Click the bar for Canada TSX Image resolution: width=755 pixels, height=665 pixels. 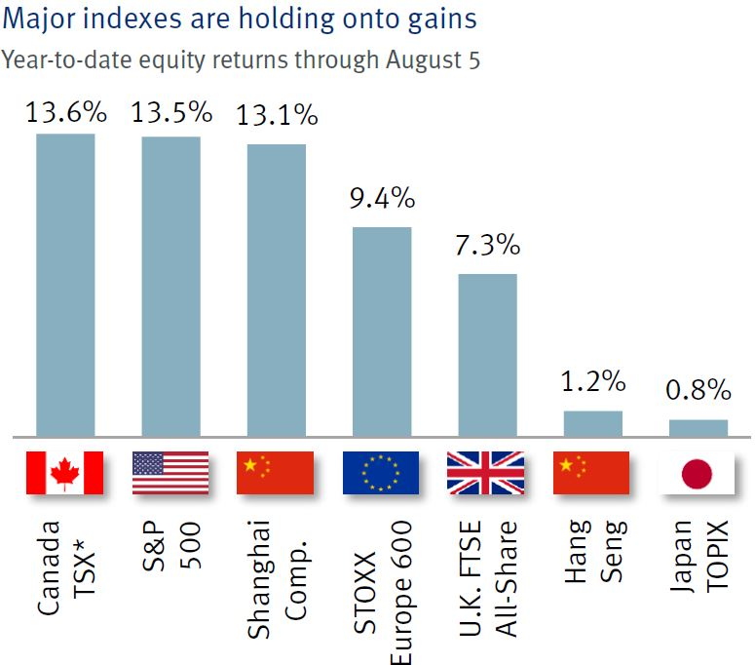65,284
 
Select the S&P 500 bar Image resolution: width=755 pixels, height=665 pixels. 171,286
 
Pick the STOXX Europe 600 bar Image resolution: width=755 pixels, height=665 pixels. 382,331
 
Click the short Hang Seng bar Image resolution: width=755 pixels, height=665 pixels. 593,423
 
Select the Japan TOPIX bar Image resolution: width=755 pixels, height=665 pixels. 698,427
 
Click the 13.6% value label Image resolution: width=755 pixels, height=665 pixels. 65,112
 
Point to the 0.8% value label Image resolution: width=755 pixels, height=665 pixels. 698,391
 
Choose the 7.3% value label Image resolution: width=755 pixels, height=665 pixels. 487,245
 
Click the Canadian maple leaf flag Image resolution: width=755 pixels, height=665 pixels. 65,473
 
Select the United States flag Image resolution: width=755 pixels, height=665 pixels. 171,473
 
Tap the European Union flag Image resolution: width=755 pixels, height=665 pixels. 381,473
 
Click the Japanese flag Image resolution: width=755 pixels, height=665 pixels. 698,473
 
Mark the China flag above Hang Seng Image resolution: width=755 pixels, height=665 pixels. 591,473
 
